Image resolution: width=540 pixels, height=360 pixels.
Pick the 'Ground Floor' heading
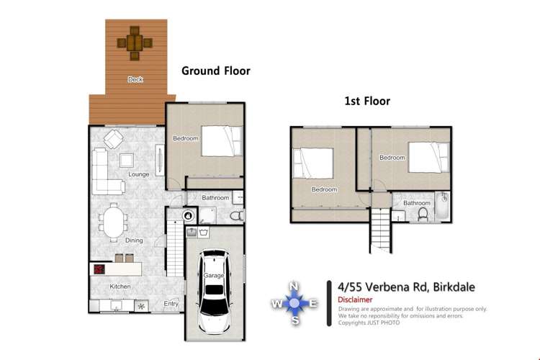click(215, 71)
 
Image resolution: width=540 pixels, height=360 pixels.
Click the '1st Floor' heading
click(366, 102)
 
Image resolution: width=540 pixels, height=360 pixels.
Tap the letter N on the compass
click(294, 287)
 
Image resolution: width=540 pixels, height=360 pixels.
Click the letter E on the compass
click(313, 303)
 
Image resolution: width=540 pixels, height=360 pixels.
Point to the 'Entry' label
click(171, 304)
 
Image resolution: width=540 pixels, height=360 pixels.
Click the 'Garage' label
click(213, 275)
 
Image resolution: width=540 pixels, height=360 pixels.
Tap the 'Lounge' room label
click(138, 174)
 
